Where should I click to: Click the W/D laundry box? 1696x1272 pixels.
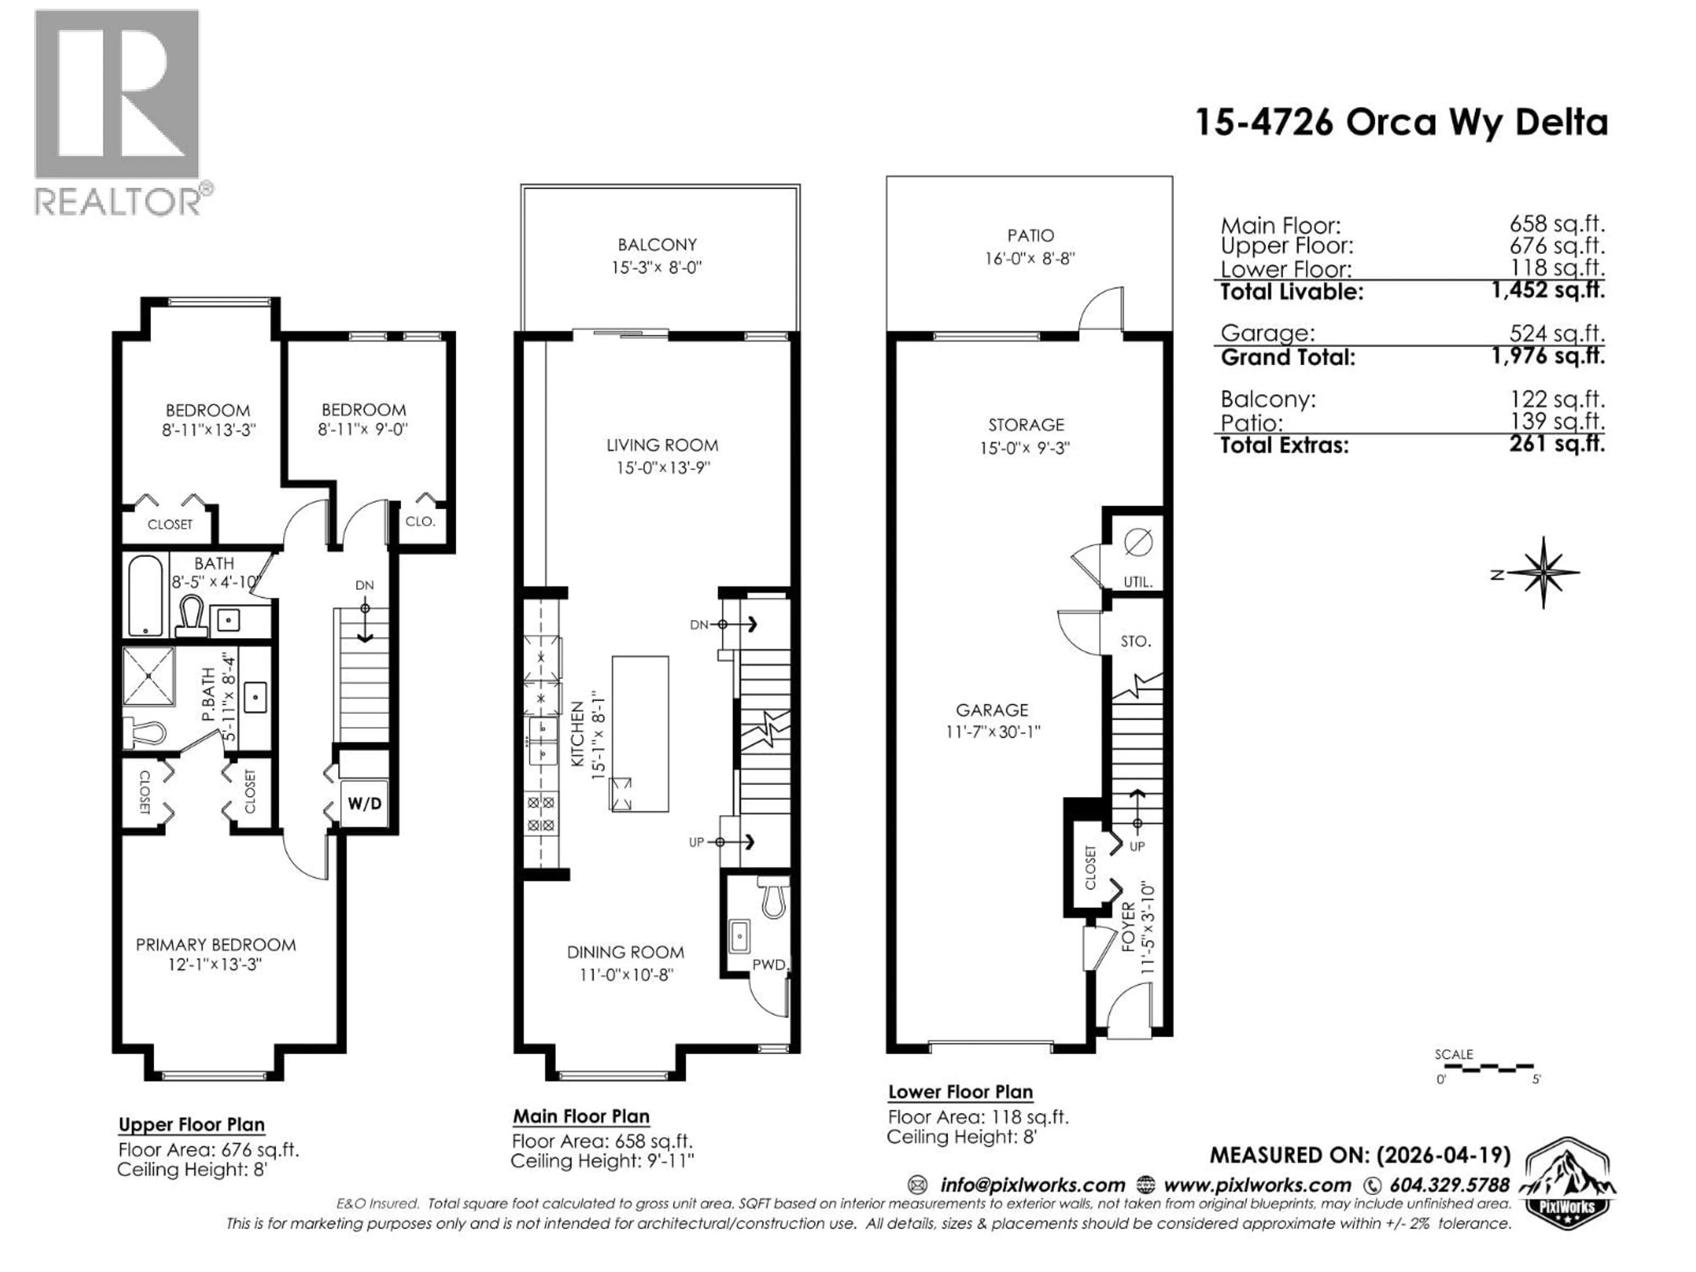pyautogui.click(x=364, y=803)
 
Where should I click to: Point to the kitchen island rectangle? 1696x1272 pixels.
pyautogui.click(x=640, y=734)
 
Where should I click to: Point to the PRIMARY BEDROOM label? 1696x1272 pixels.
pyautogui.click(x=216, y=945)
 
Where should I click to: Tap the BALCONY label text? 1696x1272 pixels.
pyautogui.click(x=657, y=245)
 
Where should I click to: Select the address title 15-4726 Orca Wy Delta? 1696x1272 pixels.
pyautogui.click(x=1401, y=123)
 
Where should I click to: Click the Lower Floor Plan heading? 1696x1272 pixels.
pyautogui.click(x=960, y=1092)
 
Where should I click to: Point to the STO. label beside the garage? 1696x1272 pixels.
pyautogui.click(x=1136, y=641)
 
